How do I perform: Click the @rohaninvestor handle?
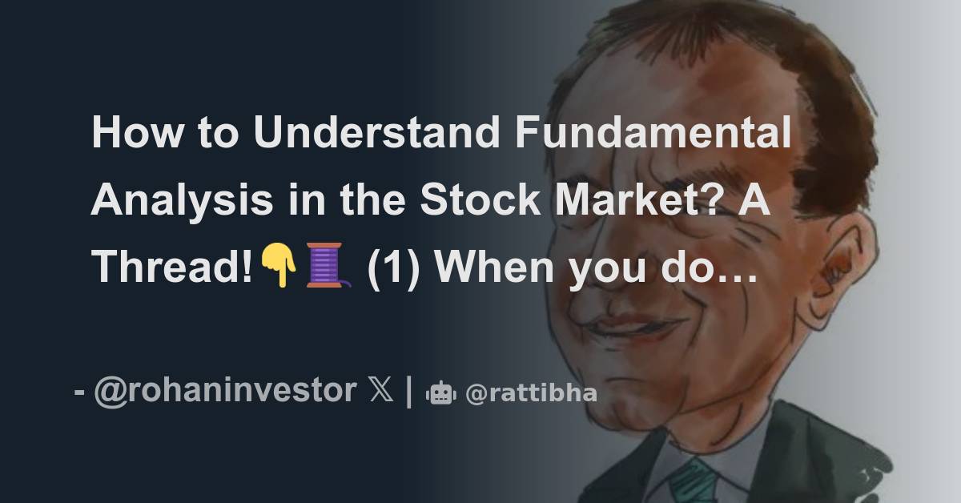tap(225, 391)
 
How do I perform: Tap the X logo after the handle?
tap(381, 392)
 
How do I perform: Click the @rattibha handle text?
tap(531, 393)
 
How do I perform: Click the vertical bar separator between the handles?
tap(410, 392)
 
